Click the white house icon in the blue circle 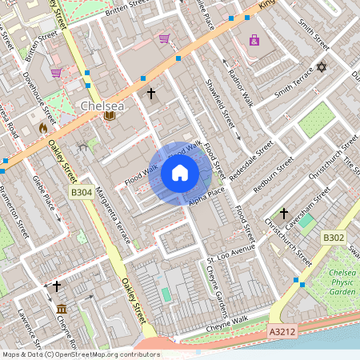[x=180, y=173]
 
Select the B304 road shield [x=82, y=193]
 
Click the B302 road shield [x=334, y=238]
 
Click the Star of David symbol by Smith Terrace [x=322, y=67]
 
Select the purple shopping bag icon [x=254, y=40]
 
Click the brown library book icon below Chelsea [x=109, y=117]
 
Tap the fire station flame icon [x=43, y=127]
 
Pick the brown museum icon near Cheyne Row [x=62, y=309]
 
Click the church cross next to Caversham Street [x=283, y=214]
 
